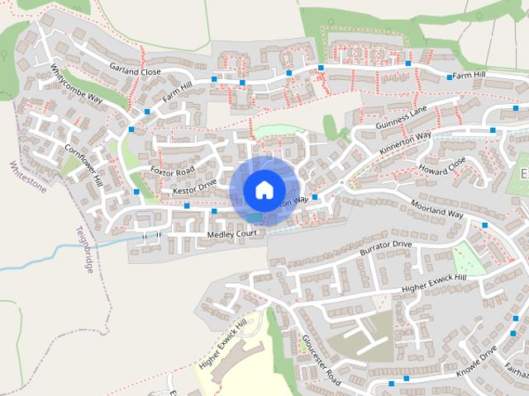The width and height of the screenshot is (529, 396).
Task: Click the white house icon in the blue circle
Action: click(264, 189)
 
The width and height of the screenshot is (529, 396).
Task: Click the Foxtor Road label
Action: click(173, 171)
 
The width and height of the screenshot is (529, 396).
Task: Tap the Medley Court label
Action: click(232, 233)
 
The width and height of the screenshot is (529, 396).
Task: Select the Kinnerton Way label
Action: click(405, 144)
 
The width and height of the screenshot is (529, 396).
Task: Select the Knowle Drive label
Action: click(477, 360)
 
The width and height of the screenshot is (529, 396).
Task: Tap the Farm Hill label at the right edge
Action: click(492, 75)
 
